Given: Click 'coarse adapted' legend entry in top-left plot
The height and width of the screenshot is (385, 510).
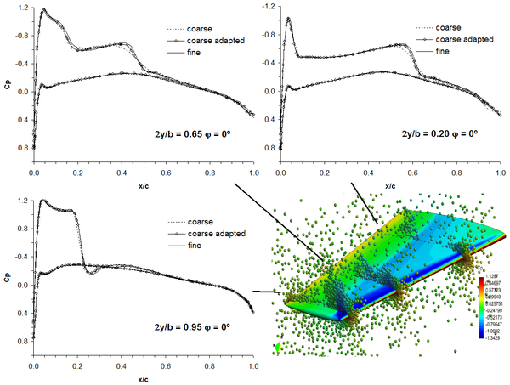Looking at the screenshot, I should pos(204,39).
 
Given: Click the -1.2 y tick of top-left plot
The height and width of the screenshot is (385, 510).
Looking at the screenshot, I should pos(19,8).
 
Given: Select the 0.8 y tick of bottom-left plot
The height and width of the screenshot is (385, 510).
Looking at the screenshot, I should pos(20,340).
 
